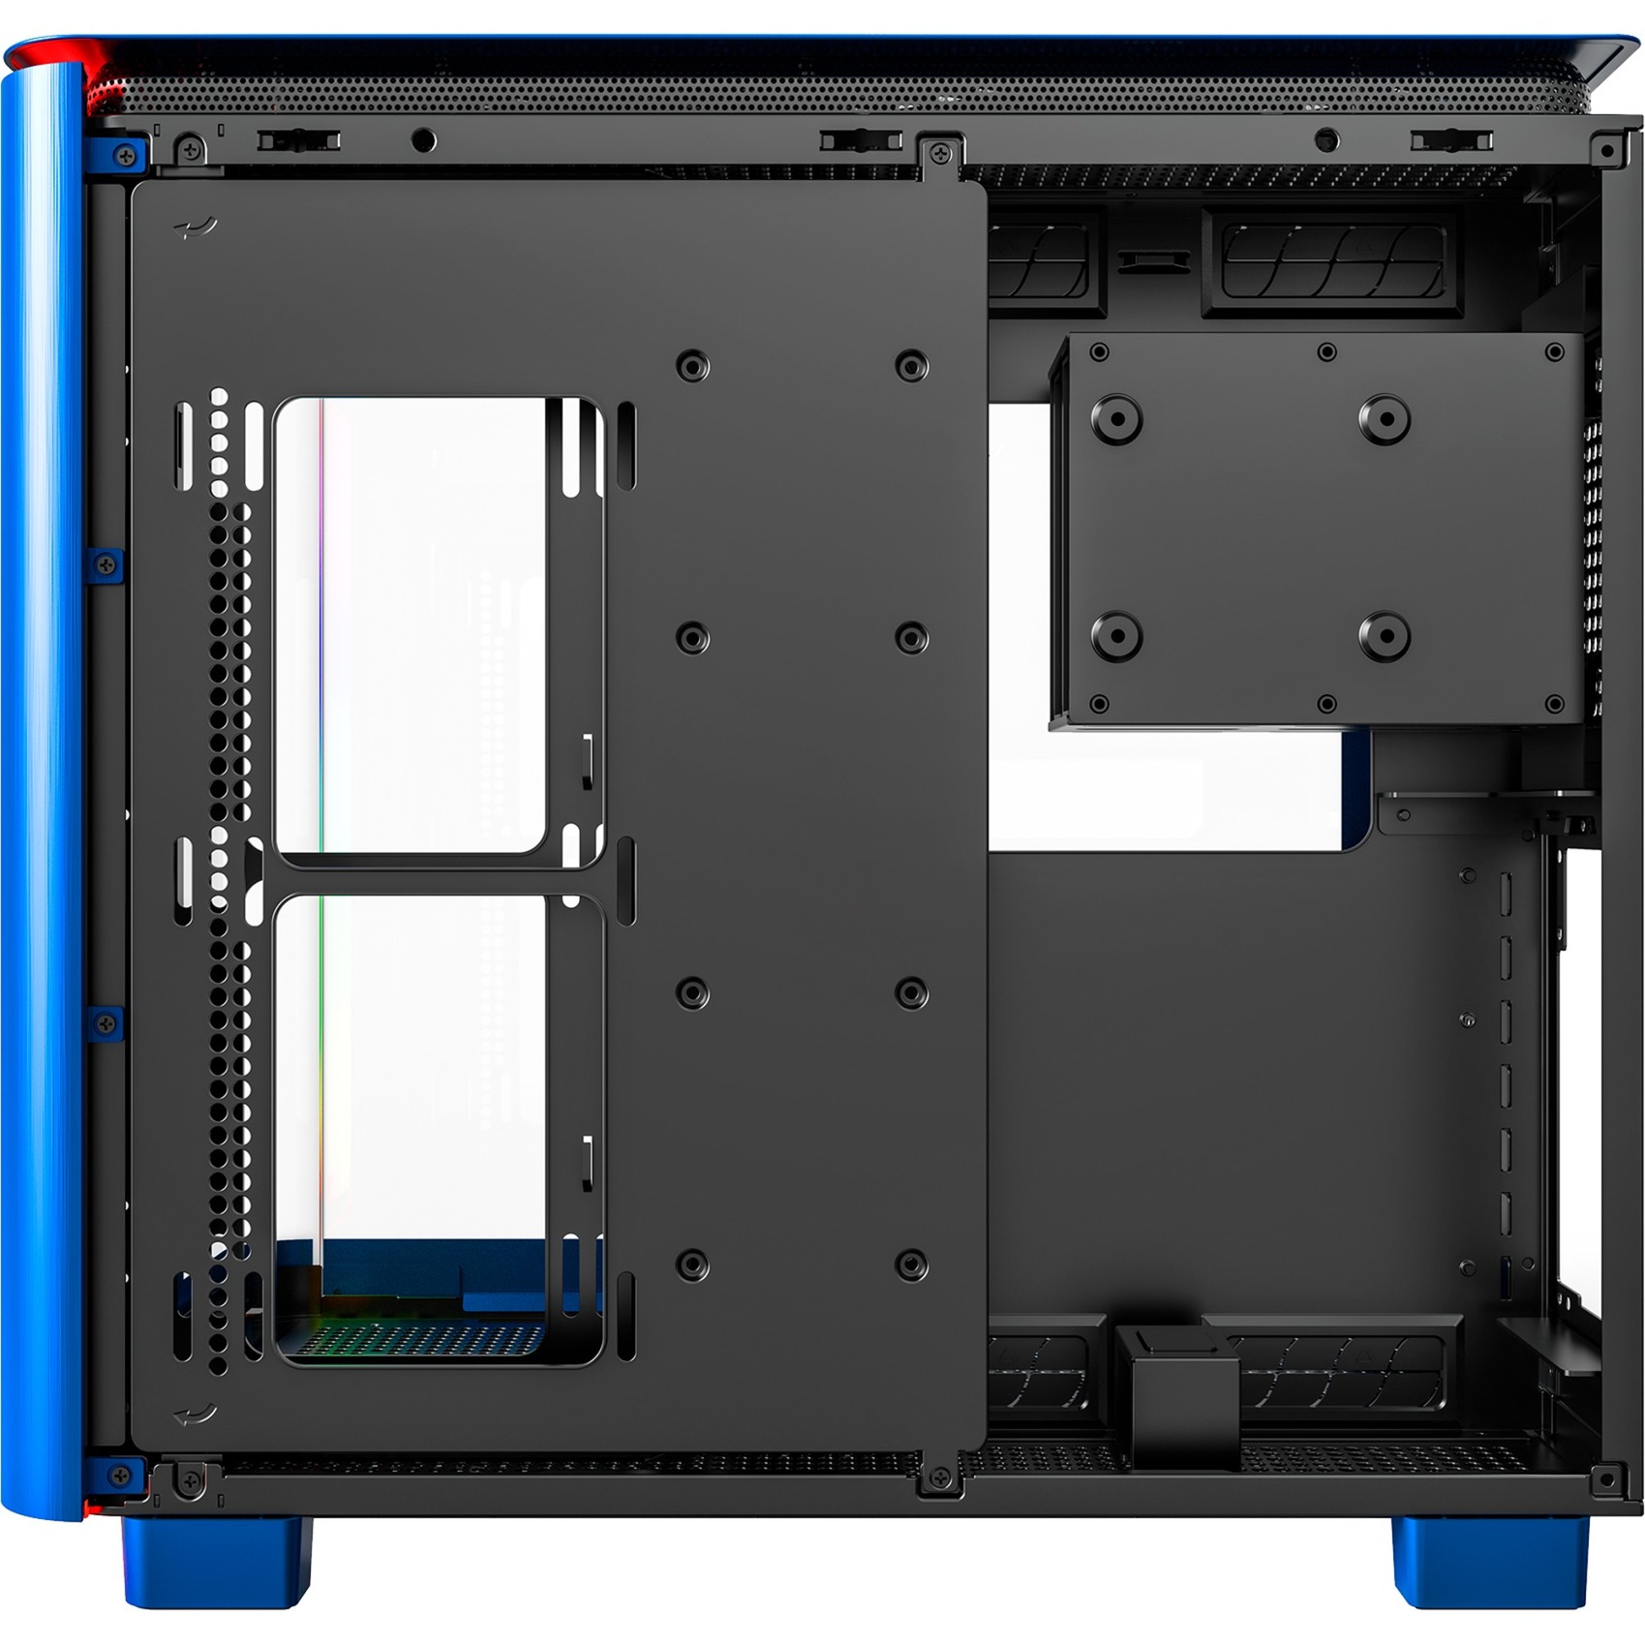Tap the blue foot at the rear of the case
click(1491, 1560)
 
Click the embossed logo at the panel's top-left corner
click(195, 228)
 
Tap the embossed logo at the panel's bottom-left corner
click(195, 1415)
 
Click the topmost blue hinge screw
click(125, 155)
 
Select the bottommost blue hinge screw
click(121, 1476)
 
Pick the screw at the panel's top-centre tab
click(939, 154)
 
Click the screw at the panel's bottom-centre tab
click(939, 1477)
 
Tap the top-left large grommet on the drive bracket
click(1116, 419)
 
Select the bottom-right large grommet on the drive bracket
click(1385, 636)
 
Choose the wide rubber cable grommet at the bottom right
click(1336, 1370)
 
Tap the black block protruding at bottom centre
click(1176, 1394)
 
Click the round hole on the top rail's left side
click(423, 141)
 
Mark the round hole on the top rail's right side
click(1326, 141)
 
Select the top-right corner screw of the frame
click(1608, 151)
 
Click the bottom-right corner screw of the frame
click(1608, 1478)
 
